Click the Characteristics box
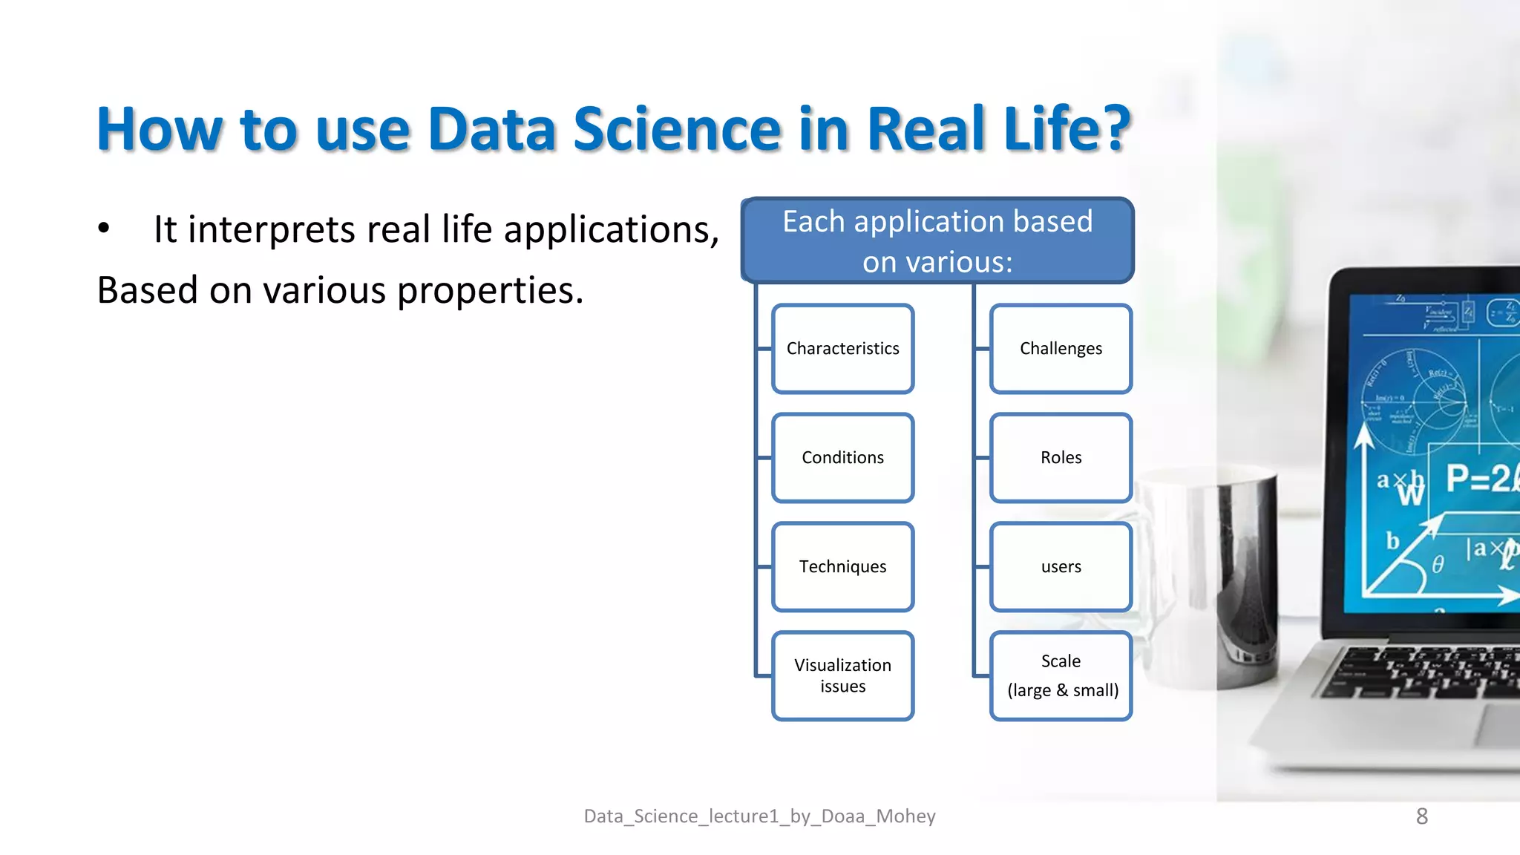[842, 349]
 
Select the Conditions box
[842, 458]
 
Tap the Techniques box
[842, 567]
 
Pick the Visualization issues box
[842, 675]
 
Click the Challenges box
[1061, 349]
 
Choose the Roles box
[1061, 458]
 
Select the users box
[1061, 567]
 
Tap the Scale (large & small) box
[1061, 675]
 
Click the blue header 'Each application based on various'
[937, 241]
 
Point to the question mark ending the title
[1111, 129]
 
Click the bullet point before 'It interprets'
[104, 229]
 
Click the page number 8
[1421, 816]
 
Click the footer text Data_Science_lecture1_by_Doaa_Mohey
[759, 816]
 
